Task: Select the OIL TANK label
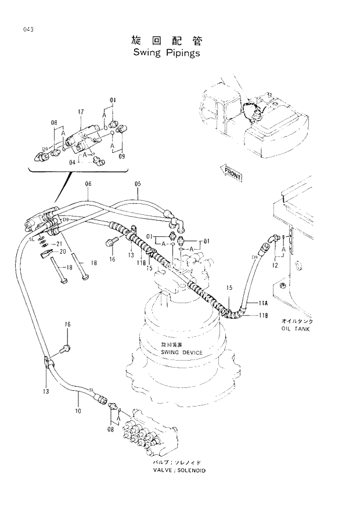[x=296, y=329]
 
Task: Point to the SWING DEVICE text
[x=182, y=353]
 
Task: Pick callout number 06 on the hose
[x=88, y=184]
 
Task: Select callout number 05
[x=138, y=184]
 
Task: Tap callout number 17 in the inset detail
[x=81, y=111]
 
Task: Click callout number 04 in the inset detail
[x=73, y=163]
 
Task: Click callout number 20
[x=63, y=251]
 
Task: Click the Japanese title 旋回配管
[x=166, y=40]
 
